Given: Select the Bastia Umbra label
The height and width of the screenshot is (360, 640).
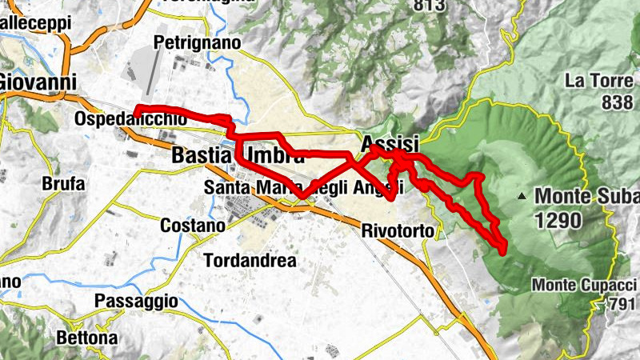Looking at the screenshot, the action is [x=238, y=157].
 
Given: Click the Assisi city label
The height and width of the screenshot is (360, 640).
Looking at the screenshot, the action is [x=390, y=144].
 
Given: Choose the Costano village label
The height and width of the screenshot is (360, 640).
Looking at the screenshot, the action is [x=193, y=226].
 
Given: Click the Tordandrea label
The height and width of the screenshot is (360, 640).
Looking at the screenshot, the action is [x=250, y=261].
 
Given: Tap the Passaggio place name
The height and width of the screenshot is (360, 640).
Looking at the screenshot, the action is [x=135, y=301].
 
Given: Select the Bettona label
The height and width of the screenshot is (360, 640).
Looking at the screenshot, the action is [x=86, y=338].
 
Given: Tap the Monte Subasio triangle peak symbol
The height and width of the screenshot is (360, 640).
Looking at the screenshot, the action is [x=522, y=195].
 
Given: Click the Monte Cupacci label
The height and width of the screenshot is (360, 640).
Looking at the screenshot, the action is [x=585, y=285].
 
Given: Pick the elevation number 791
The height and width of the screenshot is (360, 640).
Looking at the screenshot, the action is [x=623, y=304].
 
